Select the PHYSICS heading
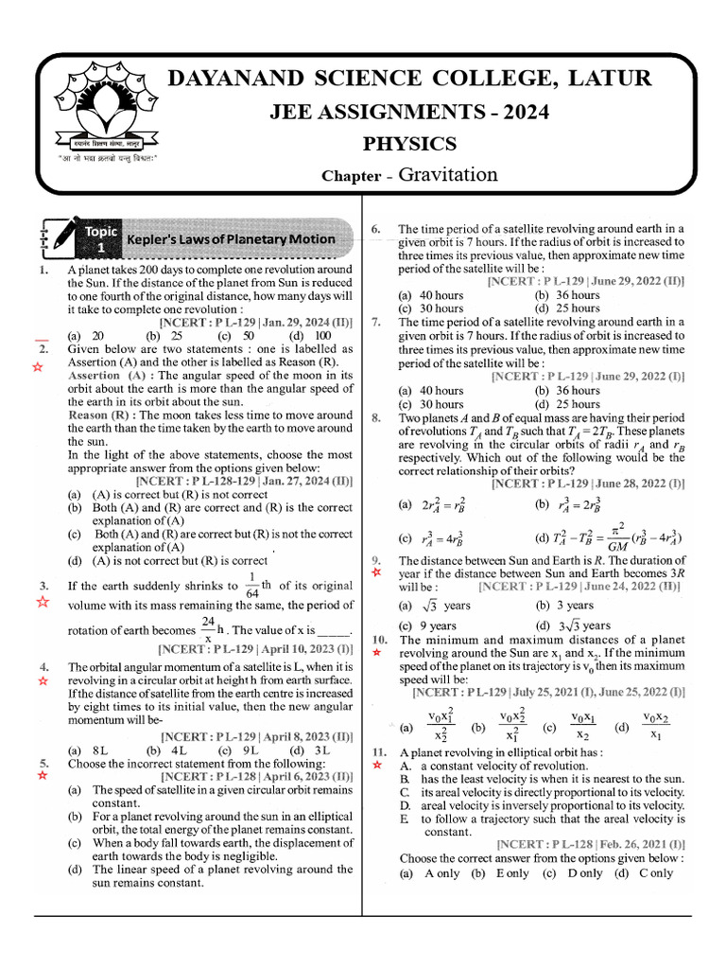pos(410,144)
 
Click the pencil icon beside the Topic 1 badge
pos(58,238)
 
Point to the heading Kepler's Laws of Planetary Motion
pos(231,239)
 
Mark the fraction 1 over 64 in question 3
pos(250,585)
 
